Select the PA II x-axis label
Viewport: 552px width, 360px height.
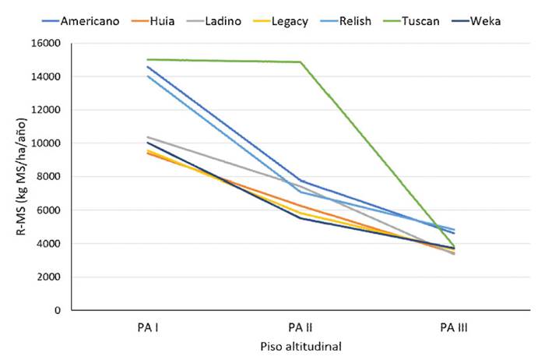pos(299,327)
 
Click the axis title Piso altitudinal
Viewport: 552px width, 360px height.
pos(299,345)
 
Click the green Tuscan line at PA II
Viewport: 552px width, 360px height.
pos(300,62)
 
